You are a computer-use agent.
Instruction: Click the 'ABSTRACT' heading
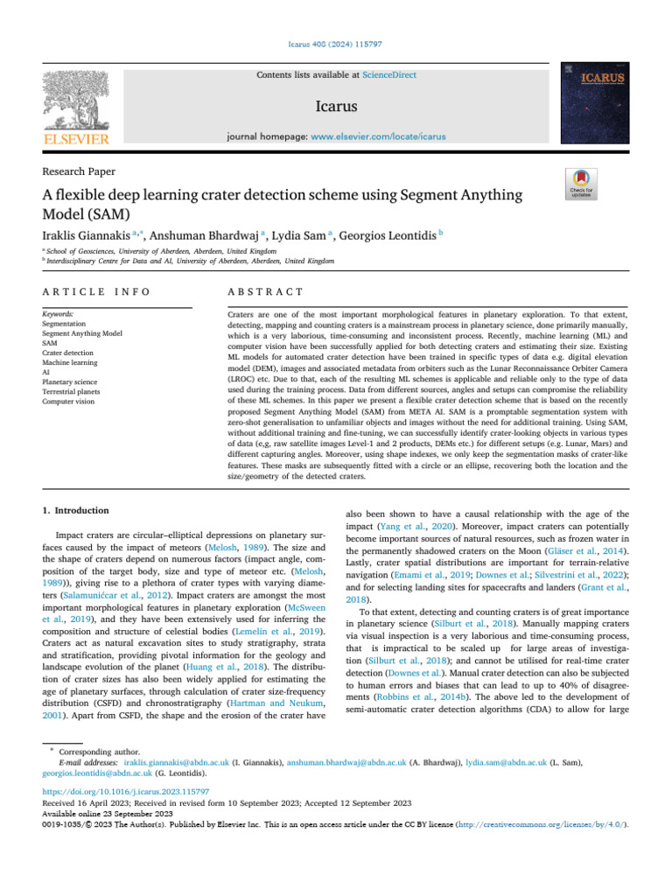pyautogui.click(x=265, y=291)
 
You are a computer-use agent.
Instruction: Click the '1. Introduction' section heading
pyautogui.click(x=76, y=510)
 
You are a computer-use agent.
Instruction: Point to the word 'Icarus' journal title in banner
pyautogui.click(x=336, y=108)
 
